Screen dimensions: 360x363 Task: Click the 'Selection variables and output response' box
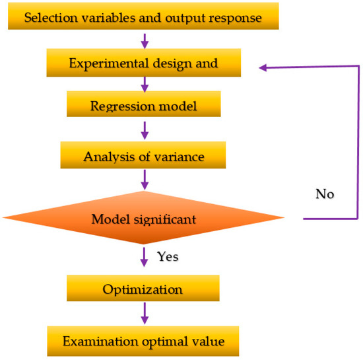coord(143,17)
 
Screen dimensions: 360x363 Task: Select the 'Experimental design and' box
coord(143,64)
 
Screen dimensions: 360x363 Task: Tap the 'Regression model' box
coord(143,104)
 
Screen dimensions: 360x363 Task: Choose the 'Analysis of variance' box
coord(143,157)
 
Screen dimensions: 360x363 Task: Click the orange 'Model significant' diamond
coord(143,218)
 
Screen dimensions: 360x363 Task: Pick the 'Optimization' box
coord(143,289)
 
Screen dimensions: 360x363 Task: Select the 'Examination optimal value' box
coord(143,342)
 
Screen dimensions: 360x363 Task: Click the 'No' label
coord(324,194)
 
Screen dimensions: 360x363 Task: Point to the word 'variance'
coord(180,157)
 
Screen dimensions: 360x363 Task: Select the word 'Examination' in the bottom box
coord(94,342)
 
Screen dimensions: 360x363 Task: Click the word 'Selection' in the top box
coord(48,17)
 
